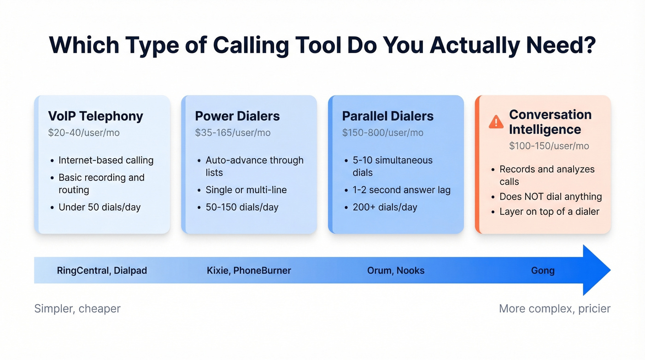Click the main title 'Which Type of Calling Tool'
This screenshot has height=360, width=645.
[322, 45]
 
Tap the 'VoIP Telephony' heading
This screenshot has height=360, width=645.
[95, 116]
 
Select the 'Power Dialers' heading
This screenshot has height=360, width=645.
[237, 116]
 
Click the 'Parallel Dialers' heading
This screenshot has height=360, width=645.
[387, 116]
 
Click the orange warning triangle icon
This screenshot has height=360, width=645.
[496, 122]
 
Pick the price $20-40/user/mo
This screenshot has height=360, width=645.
[84, 133]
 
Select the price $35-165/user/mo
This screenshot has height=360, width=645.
[233, 133]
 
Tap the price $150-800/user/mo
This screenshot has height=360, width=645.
[382, 133]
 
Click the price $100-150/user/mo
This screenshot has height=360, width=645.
[549, 146]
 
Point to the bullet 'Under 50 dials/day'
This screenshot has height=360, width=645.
[100, 207]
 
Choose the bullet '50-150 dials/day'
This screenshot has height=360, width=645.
[242, 207]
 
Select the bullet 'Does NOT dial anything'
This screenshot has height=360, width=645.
[551, 197]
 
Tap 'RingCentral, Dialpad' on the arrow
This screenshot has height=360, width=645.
[102, 271]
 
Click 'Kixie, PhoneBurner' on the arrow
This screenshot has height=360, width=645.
[249, 271]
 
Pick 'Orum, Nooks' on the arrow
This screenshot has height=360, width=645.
[396, 271]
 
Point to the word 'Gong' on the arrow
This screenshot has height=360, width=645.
[543, 271]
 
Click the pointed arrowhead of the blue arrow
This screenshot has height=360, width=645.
[597, 270]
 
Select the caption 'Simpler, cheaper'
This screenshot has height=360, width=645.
[77, 308]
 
